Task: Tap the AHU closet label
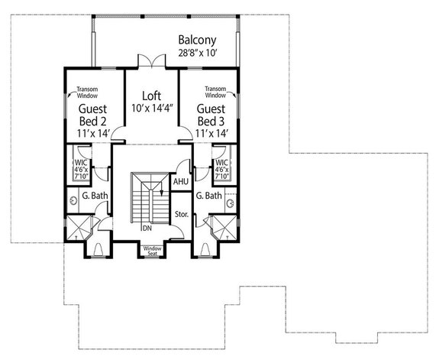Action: click(180, 182)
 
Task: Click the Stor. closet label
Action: click(181, 214)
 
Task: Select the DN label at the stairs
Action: click(146, 228)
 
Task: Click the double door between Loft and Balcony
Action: click(151, 60)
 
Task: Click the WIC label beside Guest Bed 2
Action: click(79, 163)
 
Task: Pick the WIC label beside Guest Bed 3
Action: click(221, 163)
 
